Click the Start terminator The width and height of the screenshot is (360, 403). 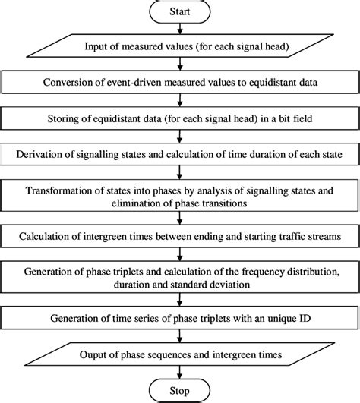[x=179, y=12]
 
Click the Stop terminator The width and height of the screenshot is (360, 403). [x=179, y=392]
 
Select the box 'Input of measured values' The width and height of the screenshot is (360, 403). [x=179, y=47]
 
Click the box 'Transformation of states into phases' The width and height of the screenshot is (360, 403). [x=179, y=197]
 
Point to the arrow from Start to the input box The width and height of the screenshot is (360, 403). [x=179, y=30]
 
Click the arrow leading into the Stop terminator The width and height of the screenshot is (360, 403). [x=179, y=375]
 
